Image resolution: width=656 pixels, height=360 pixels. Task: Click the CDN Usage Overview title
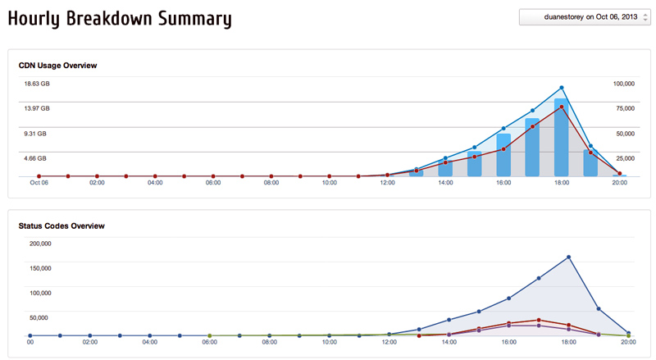click(x=58, y=65)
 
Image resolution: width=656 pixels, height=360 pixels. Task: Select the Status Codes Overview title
click(x=61, y=225)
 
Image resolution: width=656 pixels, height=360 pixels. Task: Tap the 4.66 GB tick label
click(x=35, y=158)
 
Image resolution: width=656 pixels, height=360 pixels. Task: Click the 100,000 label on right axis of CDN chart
click(x=625, y=84)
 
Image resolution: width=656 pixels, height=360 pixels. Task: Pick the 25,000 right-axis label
click(x=625, y=158)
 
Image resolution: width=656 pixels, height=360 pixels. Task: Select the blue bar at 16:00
click(x=503, y=155)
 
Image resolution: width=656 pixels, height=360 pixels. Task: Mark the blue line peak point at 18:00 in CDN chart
click(x=562, y=88)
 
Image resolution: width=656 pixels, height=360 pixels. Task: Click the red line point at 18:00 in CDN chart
click(x=562, y=107)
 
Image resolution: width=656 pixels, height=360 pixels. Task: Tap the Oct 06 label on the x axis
click(x=39, y=183)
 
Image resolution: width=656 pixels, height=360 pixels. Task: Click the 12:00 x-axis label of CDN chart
click(x=387, y=183)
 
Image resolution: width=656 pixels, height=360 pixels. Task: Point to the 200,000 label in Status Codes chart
click(x=40, y=244)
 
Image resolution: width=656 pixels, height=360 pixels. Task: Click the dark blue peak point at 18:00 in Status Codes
click(x=568, y=257)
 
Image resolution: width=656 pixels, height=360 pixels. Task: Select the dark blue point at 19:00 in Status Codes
click(x=599, y=308)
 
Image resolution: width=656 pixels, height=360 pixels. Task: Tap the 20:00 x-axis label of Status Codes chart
click(x=627, y=343)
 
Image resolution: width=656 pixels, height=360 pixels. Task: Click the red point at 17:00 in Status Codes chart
click(x=539, y=320)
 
